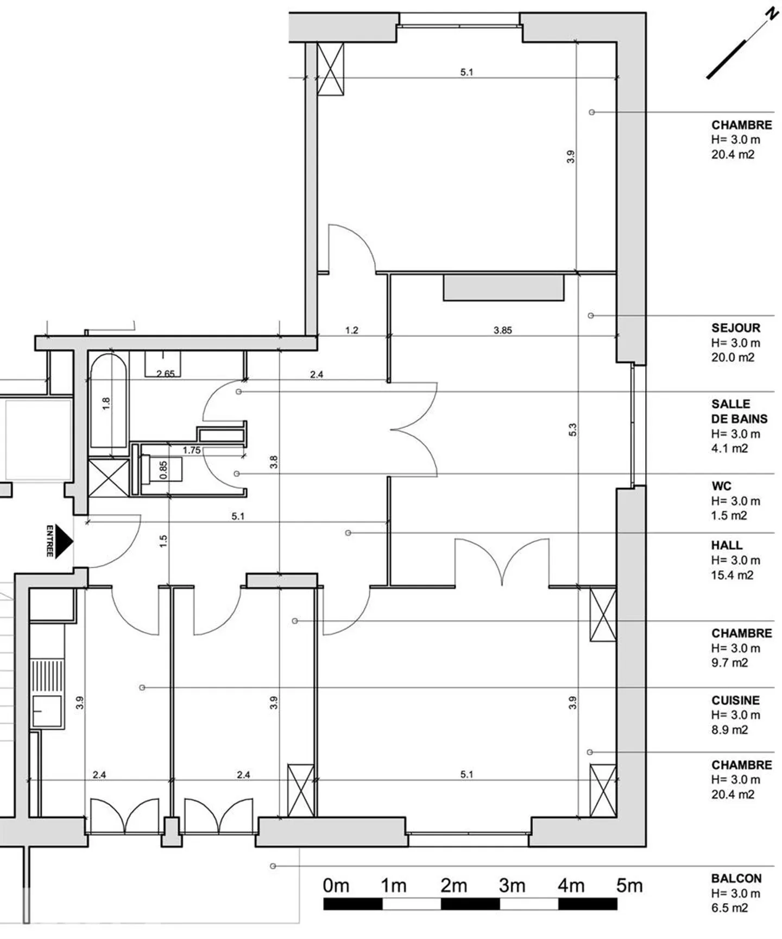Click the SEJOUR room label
(736, 328)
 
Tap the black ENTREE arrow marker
(64, 541)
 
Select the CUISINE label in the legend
(735, 701)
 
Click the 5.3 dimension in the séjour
(572, 430)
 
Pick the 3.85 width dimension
(503, 330)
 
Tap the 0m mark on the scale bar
(336, 886)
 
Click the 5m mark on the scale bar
(629, 886)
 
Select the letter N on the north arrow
(771, 14)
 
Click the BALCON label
(736, 879)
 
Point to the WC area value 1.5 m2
(729, 515)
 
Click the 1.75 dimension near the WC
(192, 450)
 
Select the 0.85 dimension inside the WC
(163, 470)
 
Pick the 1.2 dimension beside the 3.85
(352, 330)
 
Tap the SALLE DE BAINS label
(740, 412)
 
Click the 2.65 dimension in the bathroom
(166, 374)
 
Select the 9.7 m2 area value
(730, 663)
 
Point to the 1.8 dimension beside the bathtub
(106, 404)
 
